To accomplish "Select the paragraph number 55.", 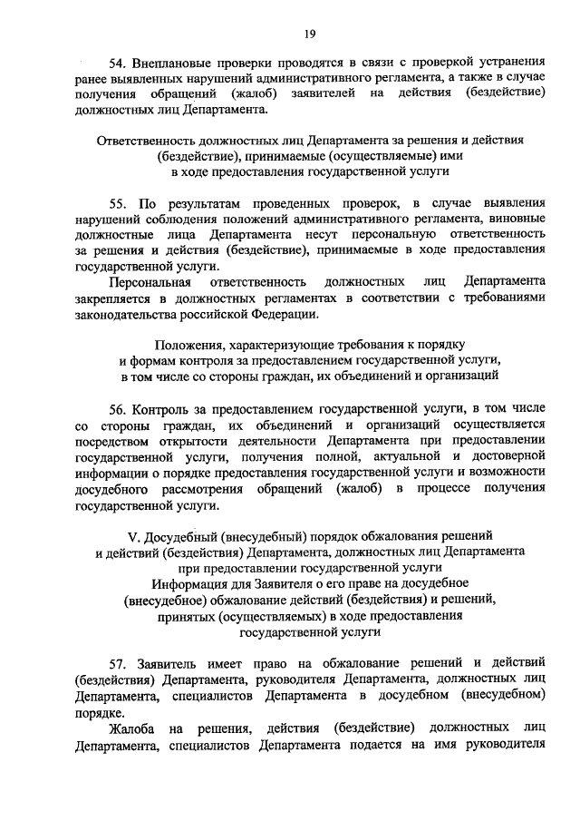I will coord(117,201).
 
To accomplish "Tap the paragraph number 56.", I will coord(117,407).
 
